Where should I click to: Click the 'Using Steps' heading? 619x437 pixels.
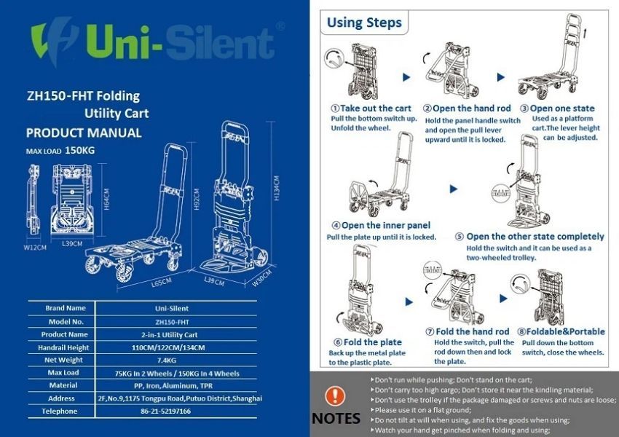[364, 23]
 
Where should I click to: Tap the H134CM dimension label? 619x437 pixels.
[276, 188]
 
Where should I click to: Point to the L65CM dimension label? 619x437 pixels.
[161, 283]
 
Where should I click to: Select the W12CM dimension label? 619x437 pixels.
[35, 248]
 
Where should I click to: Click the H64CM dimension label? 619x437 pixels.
[106, 200]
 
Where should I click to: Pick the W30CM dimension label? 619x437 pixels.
[262, 278]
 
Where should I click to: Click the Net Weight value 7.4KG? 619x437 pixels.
[166, 360]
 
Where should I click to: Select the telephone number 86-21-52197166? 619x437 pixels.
[165, 411]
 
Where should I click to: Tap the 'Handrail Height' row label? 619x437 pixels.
[63, 347]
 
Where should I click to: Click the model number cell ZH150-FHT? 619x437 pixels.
[172, 322]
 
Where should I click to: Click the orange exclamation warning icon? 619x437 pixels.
[335, 396]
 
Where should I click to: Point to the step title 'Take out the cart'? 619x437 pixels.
[376, 109]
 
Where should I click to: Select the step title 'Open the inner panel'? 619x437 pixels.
[386, 225]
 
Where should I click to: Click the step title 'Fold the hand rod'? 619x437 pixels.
[472, 331]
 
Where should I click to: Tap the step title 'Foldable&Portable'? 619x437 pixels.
[565, 331]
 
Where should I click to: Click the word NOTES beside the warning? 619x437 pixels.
[336, 418]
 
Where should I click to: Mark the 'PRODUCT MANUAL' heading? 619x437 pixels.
[84, 133]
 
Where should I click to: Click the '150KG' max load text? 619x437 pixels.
[80, 151]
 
